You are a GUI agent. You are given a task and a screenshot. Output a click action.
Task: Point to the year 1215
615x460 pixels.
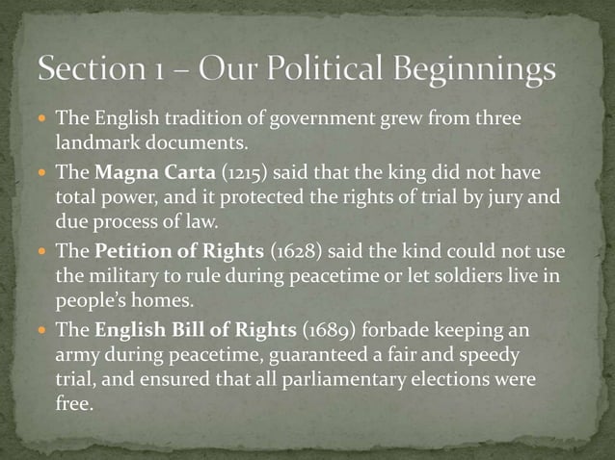(218, 172)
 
